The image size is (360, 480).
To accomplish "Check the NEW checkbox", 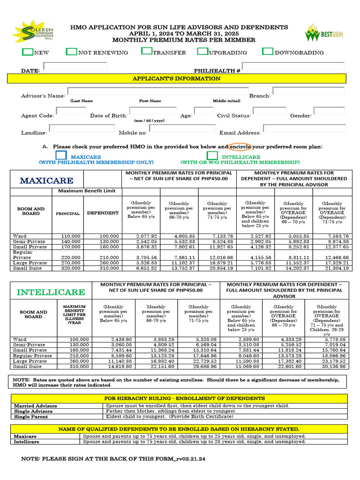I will tap(28, 52).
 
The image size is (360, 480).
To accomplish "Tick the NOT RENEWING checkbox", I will tap(71, 52).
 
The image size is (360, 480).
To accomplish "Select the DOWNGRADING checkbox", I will tap(268, 52).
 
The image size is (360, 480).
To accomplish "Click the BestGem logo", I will tap(324, 33).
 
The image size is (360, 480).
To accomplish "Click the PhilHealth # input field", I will tap(293, 66).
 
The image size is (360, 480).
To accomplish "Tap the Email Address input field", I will tap(304, 128).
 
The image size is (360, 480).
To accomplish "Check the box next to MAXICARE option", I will tap(61, 155).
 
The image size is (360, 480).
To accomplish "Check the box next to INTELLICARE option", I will tap(212, 155).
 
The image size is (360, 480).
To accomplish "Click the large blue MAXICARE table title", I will tap(46, 180).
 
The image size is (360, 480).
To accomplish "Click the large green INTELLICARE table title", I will tap(51, 292).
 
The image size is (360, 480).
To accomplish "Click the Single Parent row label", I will tap(31, 416).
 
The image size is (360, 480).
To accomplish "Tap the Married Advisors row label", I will tap(36, 406).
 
